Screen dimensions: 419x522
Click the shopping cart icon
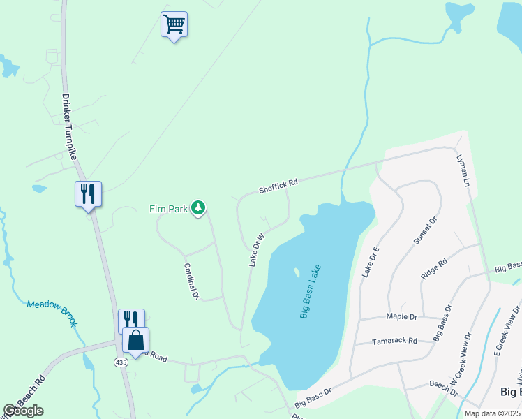click(174, 25)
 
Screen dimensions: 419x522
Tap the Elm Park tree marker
click(199, 207)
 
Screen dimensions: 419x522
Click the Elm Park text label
click(167, 208)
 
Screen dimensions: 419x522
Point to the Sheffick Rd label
click(278, 186)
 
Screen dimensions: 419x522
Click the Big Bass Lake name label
click(311, 291)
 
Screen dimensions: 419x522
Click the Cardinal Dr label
click(191, 281)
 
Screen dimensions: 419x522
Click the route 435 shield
click(121, 362)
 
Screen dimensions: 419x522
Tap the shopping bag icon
click(136, 341)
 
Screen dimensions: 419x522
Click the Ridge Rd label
click(433, 270)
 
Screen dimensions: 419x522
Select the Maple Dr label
click(402, 316)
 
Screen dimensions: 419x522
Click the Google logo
click(23, 411)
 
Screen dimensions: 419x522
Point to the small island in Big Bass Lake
click(297, 272)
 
